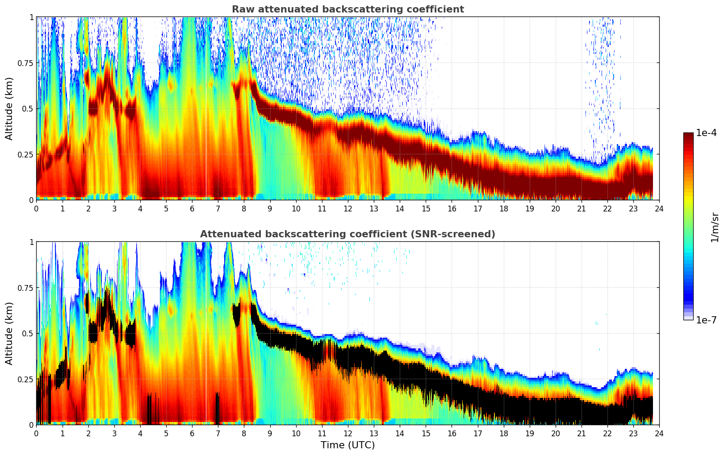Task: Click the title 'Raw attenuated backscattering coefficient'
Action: click(347, 9)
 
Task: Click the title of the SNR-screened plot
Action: click(347, 234)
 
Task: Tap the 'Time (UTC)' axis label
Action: click(347, 445)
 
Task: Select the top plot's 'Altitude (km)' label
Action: click(9, 108)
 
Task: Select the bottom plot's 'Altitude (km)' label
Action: click(9, 333)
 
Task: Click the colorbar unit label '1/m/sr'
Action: click(715, 227)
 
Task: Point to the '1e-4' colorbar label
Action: click(707, 133)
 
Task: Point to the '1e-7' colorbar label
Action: click(707, 320)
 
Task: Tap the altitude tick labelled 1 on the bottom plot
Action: click(31, 242)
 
